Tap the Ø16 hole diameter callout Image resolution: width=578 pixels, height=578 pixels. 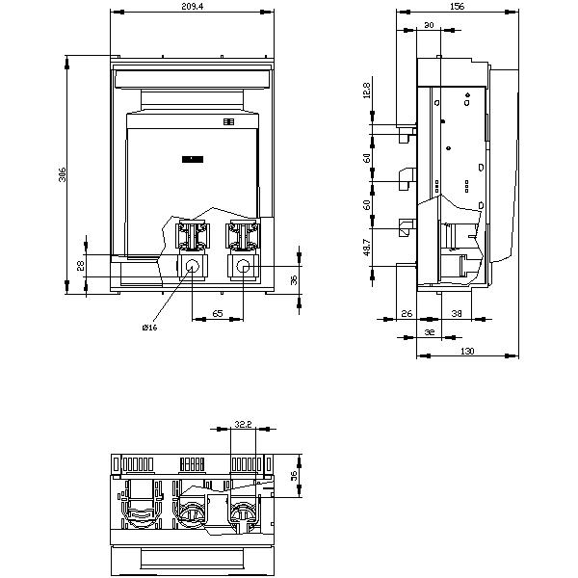(x=148, y=328)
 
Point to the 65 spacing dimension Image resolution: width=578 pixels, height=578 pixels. (x=218, y=314)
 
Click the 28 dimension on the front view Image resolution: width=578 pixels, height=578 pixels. (x=81, y=267)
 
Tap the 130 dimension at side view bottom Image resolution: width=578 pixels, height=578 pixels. (x=467, y=353)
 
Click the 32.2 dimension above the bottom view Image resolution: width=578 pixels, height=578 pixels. (x=243, y=423)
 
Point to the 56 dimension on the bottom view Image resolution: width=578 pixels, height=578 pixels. (x=295, y=475)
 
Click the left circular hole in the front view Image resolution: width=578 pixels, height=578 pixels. (x=192, y=268)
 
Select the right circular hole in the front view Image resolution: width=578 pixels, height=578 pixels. (x=244, y=268)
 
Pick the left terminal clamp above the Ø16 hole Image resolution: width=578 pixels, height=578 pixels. (x=193, y=237)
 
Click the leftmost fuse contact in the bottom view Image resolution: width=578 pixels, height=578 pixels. (x=141, y=512)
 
